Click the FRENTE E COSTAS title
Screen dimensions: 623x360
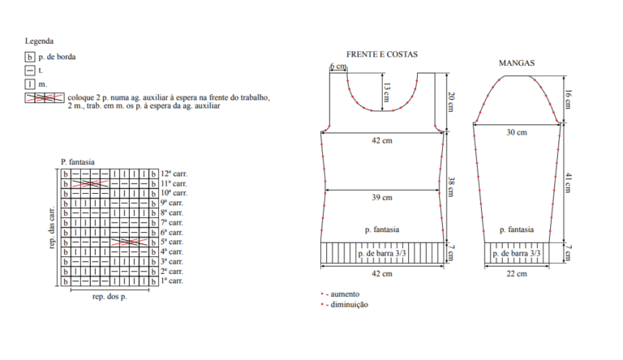click(x=382, y=54)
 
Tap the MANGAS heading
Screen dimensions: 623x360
click(x=517, y=62)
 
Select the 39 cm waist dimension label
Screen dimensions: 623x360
click(x=382, y=198)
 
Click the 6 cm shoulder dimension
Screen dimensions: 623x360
click(x=338, y=66)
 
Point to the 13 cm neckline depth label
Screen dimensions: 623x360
click(x=387, y=92)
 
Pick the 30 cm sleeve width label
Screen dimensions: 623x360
click(x=517, y=132)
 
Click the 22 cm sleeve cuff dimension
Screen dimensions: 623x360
click(x=517, y=274)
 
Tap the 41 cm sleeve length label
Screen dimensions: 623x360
click(x=568, y=182)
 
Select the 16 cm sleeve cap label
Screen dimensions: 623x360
click(x=568, y=100)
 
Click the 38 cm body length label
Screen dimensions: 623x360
click(x=452, y=186)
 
